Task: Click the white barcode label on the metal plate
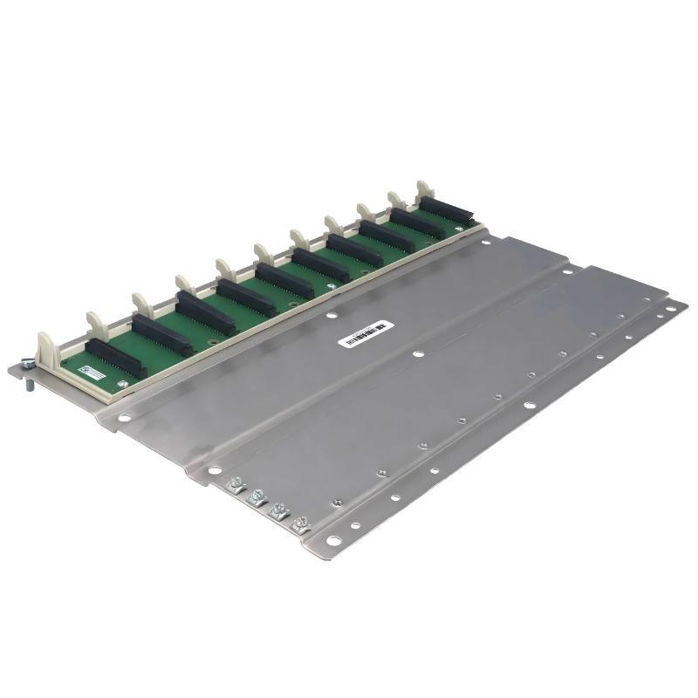366,333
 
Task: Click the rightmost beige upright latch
424,189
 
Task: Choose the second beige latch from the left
93,321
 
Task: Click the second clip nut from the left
257,497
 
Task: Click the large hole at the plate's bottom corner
332,543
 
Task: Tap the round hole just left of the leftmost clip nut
211,471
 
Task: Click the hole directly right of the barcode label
420,354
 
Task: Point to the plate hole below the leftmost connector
125,419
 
